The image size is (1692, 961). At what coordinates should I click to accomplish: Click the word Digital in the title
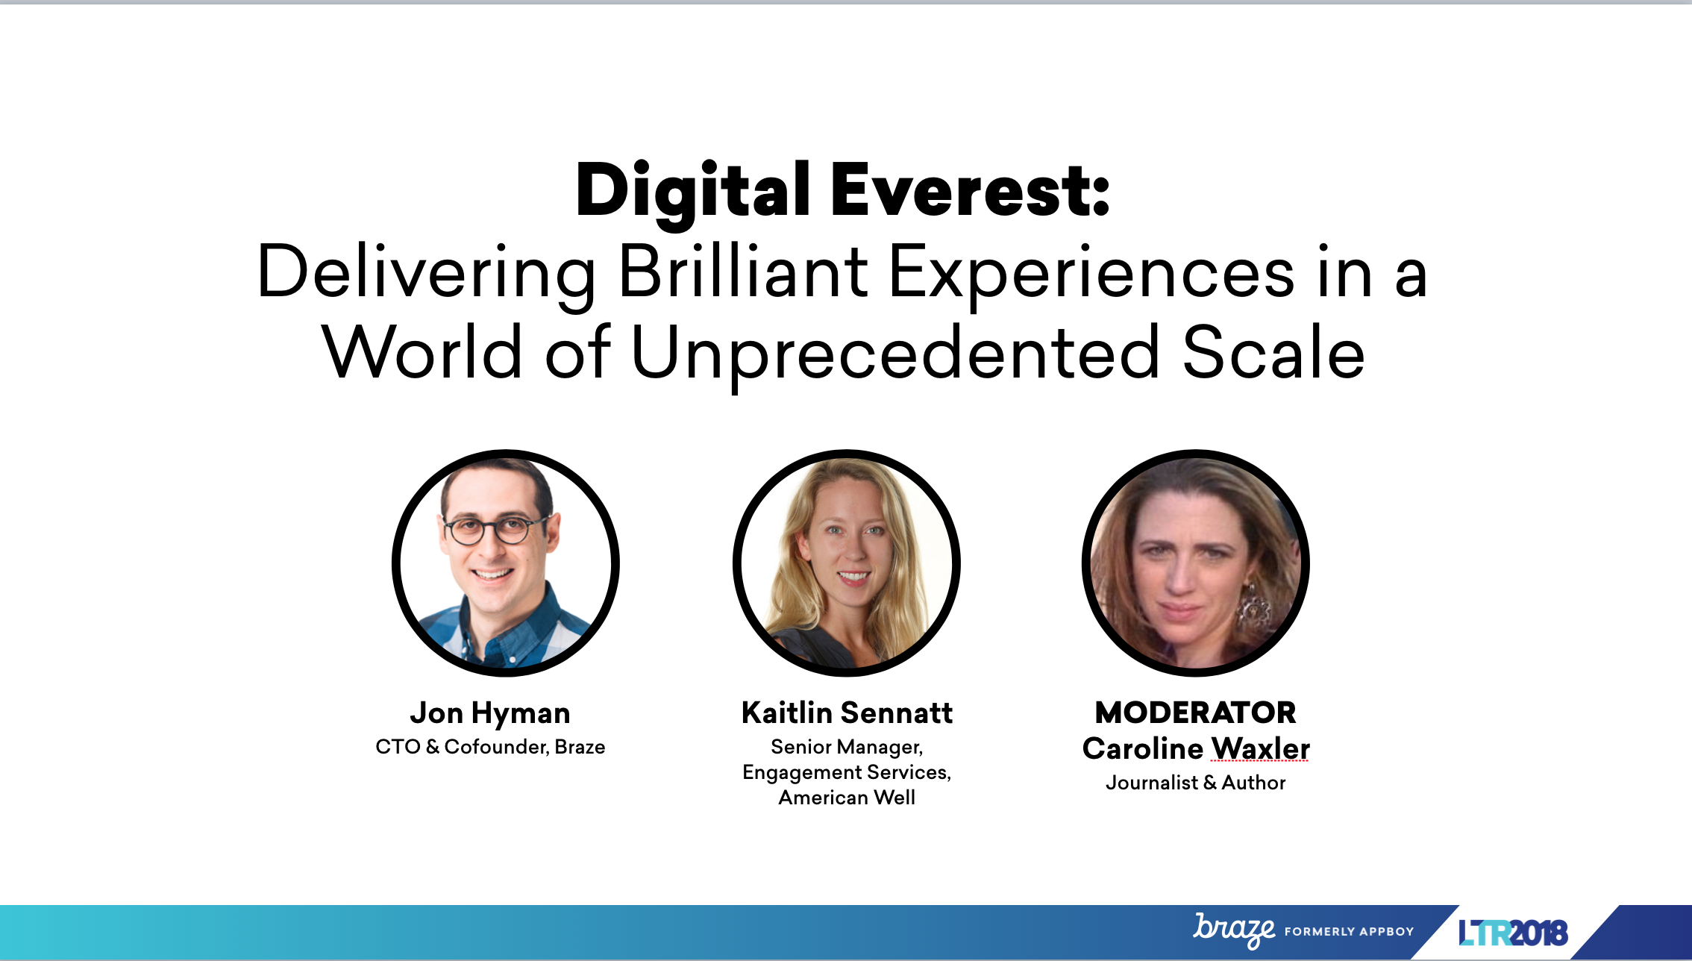pos(693,192)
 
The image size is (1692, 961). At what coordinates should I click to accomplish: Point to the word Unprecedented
pos(895,354)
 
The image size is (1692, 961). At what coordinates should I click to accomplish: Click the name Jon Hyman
pos(490,714)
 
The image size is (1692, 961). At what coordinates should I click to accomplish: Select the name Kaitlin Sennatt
pos(847,713)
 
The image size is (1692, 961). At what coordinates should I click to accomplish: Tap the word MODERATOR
pos(1195,713)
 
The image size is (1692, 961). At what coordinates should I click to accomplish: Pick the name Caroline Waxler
pos(1196,748)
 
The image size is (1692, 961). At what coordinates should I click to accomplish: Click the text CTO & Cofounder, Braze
pos(490,747)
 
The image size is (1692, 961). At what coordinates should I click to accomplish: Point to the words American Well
pos(847,798)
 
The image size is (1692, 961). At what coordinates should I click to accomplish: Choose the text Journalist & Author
pos(1196,783)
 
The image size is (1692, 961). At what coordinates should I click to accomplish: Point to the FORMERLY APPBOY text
pos(1349,932)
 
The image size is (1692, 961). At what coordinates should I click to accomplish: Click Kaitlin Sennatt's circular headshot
pos(847,563)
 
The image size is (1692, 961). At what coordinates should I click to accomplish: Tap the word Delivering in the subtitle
pos(426,274)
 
